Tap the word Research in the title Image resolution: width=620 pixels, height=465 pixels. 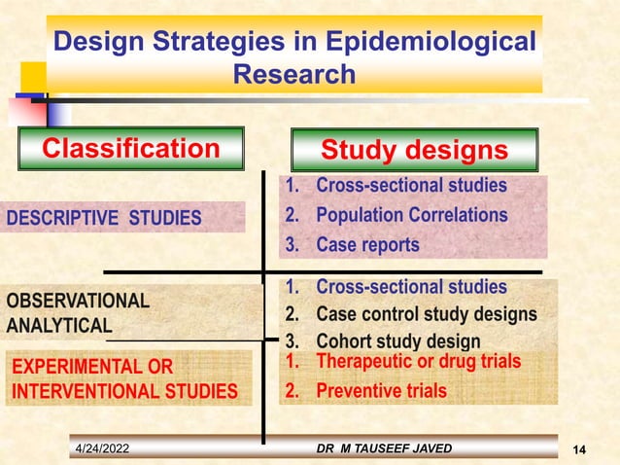pos(295,74)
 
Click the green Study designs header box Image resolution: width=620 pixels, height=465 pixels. pos(415,151)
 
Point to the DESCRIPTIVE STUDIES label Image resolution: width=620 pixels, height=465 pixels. pos(104,217)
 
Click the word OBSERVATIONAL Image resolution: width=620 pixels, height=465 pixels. pos(79,301)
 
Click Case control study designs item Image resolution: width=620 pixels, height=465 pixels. pos(426,314)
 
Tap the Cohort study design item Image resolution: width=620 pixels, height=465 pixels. pos(397,341)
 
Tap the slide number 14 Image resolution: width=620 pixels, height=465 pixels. pos(580,448)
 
